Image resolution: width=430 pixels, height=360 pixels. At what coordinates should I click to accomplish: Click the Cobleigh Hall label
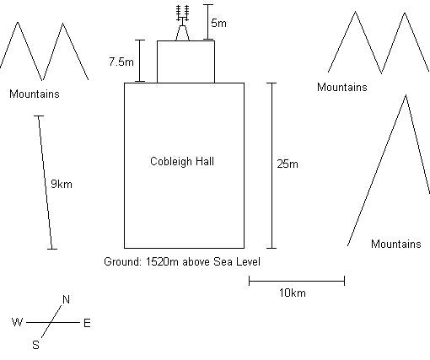(182, 162)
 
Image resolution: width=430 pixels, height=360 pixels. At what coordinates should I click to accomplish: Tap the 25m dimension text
(288, 164)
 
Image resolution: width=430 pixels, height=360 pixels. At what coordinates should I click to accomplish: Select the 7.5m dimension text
(121, 62)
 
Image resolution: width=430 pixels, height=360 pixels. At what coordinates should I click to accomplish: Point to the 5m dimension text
(218, 23)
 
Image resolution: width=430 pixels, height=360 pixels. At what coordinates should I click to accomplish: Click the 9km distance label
(62, 185)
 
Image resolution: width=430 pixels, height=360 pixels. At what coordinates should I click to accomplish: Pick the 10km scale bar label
(293, 293)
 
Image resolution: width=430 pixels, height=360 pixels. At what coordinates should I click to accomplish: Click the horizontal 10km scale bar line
(297, 281)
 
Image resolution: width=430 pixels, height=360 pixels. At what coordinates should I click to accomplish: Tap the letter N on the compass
(66, 299)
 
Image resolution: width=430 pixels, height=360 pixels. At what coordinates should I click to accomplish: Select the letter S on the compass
(35, 345)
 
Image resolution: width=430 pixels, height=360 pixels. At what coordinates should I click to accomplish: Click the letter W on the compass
(17, 322)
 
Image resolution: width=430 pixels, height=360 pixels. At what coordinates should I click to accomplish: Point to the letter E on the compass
(87, 323)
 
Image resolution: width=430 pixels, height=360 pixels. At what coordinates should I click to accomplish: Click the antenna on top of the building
(183, 23)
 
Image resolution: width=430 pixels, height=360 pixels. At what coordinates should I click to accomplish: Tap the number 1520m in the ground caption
(162, 261)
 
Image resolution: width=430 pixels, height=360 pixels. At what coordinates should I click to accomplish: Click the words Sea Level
(237, 261)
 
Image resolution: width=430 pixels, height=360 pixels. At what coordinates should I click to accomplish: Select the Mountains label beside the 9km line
(35, 94)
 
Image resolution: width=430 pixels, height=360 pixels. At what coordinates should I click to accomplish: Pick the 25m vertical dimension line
(271, 165)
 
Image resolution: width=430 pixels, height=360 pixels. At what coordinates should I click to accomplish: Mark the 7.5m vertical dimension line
(140, 61)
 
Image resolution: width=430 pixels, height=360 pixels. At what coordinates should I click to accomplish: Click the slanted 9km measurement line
(46, 182)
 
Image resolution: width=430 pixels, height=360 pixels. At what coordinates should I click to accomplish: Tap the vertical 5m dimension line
(208, 22)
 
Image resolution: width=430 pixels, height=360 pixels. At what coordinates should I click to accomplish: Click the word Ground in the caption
(122, 261)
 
